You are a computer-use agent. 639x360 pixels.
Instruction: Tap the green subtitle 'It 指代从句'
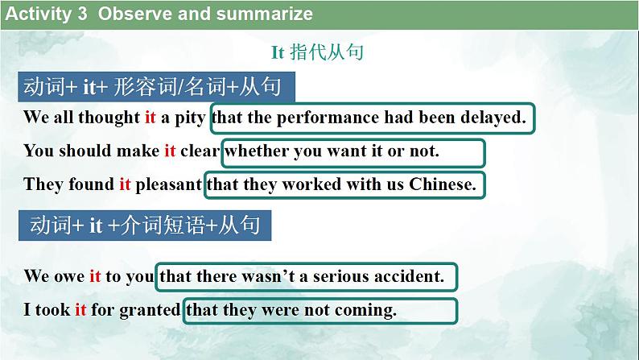(317, 53)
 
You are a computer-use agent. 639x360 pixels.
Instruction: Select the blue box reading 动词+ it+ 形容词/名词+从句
(157, 87)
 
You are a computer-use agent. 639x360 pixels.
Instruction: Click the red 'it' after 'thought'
(150, 118)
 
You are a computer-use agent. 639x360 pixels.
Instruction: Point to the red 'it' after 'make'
(170, 151)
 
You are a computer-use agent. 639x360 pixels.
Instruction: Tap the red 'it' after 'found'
(125, 184)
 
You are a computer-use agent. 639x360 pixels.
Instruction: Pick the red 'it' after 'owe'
(95, 276)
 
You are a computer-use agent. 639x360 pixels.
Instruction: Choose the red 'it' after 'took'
(80, 309)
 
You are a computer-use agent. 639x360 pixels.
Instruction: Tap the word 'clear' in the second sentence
(200, 151)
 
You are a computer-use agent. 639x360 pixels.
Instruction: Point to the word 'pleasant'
(169, 184)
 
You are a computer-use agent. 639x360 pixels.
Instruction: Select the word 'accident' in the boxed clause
(408, 276)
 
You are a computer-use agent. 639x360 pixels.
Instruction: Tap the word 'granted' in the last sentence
(150, 309)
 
